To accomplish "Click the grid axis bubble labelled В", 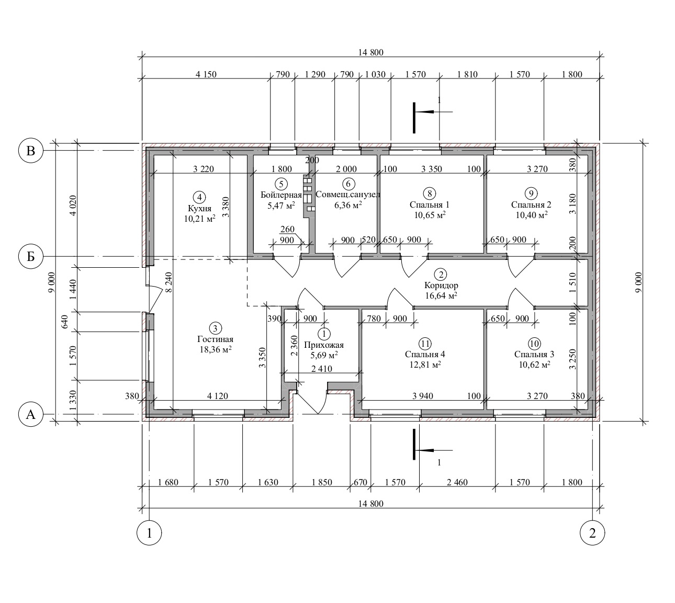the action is point(31,151).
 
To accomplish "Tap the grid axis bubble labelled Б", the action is point(31,256).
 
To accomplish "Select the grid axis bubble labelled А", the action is point(31,414).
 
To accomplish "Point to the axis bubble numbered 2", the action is point(592,533).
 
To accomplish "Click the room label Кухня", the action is point(199,209).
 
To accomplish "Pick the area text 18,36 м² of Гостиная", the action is point(215,349).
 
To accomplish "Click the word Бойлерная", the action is point(281,195).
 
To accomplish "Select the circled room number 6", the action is point(348,184).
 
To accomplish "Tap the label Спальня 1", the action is point(430,204).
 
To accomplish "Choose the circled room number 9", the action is point(531,193).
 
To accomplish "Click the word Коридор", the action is point(441,286).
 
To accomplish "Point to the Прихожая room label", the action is point(323,345).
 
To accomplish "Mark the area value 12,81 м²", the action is point(425,365).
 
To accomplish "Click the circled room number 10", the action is point(534,344).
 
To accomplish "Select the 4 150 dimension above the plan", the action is point(206,74).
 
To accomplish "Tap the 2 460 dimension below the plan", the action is point(457,482).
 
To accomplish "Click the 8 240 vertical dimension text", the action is point(168,283).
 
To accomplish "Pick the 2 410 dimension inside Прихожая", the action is point(321,369).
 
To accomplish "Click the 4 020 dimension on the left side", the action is point(73,206).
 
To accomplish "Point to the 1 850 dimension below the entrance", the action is point(321,482).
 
